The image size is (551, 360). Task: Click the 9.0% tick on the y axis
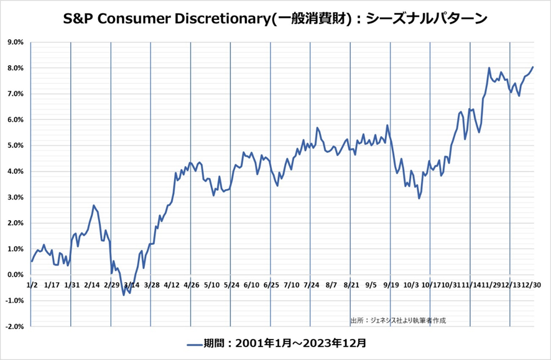[x=14, y=42]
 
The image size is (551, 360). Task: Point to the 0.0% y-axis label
[x=14, y=275]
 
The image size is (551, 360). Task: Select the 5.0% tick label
[x=14, y=145]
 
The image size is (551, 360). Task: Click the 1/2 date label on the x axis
[x=32, y=285]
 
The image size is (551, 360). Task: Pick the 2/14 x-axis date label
[x=91, y=285]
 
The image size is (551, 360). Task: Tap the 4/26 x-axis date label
[x=192, y=285]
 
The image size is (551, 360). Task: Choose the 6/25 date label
[x=271, y=285]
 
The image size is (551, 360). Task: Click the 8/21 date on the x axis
[x=351, y=285]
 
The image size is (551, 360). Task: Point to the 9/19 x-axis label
[x=391, y=285]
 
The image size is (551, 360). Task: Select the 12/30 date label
[x=531, y=285]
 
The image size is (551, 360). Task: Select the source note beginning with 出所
[x=398, y=321]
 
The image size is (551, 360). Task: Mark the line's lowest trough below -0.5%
[x=123, y=294]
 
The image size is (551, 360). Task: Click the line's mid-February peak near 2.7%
[x=94, y=205]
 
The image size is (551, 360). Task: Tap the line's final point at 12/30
[x=533, y=67]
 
